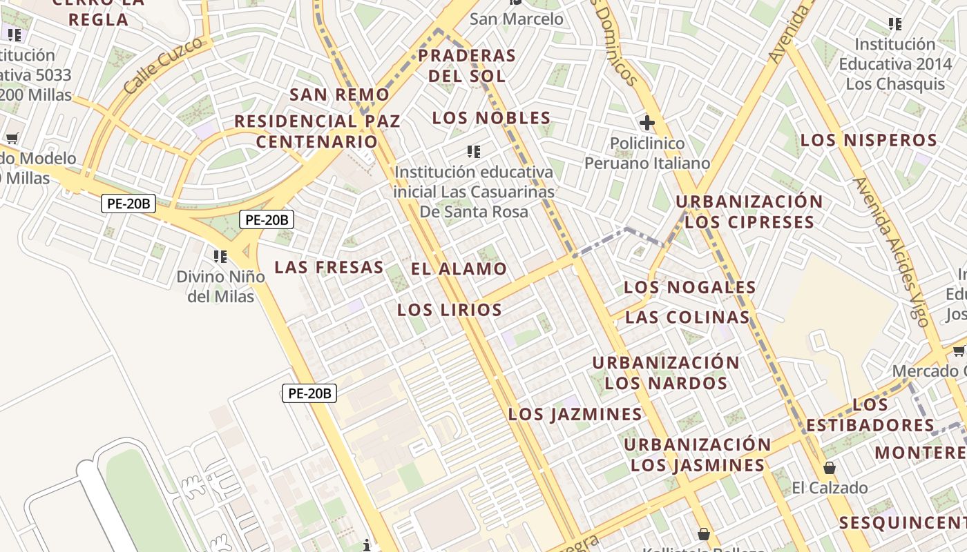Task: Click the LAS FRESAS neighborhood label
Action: [329, 268]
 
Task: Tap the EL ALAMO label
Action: [459, 269]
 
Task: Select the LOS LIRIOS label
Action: [450, 310]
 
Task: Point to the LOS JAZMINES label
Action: [575, 415]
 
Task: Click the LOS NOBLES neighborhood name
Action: [492, 118]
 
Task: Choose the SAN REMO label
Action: [340, 95]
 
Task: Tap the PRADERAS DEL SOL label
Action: [467, 66]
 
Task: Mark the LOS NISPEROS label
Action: [869, 141]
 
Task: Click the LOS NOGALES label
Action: [690, 287]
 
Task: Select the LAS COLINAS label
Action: [687, 317]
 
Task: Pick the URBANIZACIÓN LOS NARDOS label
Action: [666, 373]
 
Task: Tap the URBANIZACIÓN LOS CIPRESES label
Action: [749, 212]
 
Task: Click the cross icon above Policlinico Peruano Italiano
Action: [647, 124]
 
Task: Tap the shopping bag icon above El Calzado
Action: [829, 469]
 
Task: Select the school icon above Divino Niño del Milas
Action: [220, 257]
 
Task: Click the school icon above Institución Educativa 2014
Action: [895, 24]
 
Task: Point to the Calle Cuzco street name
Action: [164, 66]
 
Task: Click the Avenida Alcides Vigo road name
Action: [890, 252]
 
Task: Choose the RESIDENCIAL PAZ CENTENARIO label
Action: [317, 131]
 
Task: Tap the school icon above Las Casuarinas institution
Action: [474, 151]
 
